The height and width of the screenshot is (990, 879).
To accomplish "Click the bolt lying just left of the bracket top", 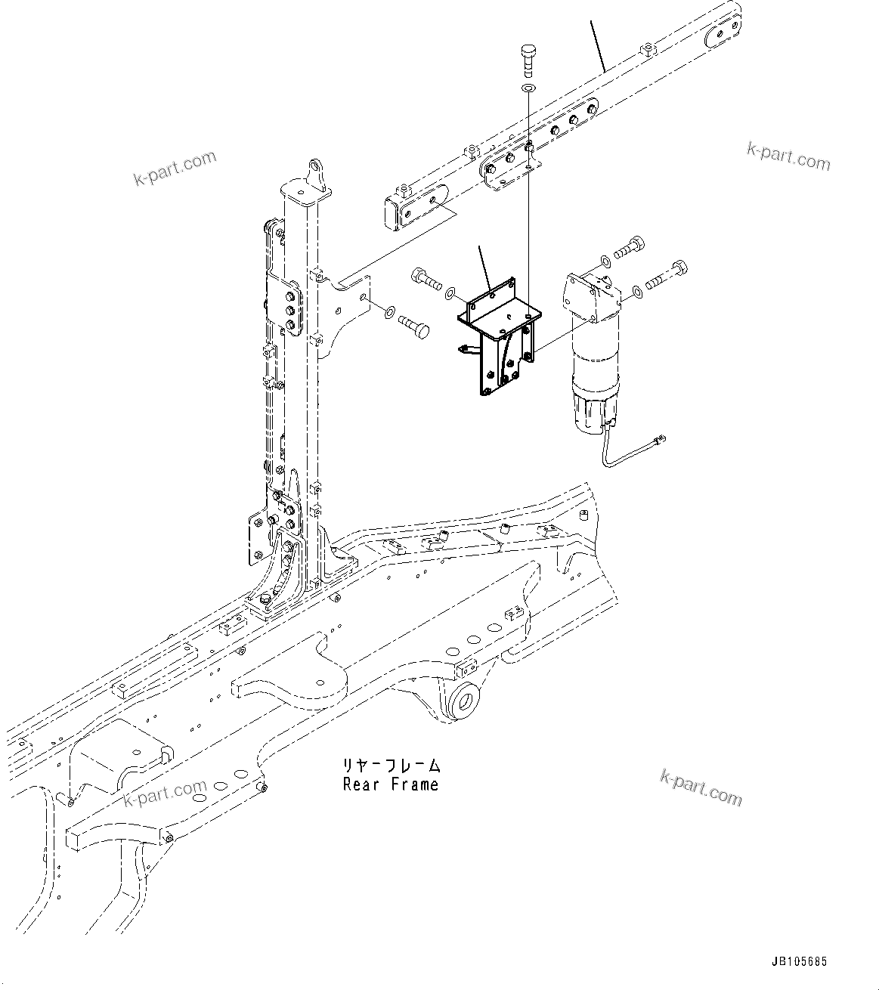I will coord(427,280).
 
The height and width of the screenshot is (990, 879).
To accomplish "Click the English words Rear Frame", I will coord(390,784).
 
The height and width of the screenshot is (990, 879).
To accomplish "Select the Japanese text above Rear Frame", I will coord(390,766).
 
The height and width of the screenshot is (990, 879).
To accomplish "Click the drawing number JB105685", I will coord(800,962).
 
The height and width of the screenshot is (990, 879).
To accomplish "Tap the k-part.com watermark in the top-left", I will coord(175,168).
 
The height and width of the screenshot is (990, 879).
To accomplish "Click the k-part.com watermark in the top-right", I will coord(788,156).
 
